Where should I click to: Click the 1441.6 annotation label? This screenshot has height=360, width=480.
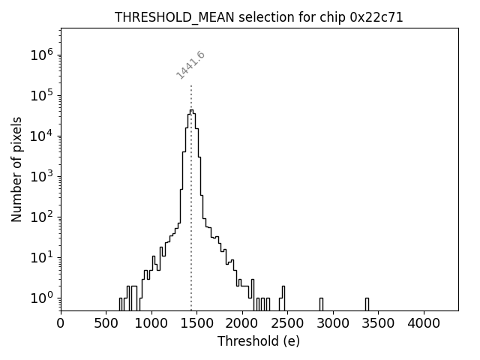[191, 65]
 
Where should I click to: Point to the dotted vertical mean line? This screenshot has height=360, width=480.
[191, 187]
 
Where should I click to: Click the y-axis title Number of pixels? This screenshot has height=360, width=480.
[16, 169]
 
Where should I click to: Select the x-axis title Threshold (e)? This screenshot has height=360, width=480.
[259, 341]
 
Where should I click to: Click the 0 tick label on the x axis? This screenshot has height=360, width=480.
[61, 324]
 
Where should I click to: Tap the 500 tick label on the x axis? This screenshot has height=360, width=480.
[106, 324]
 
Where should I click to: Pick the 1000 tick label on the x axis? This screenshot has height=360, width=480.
[151, 324]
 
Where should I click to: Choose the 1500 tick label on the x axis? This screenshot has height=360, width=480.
[197, 324]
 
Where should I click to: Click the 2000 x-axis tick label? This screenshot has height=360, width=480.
[242, 324]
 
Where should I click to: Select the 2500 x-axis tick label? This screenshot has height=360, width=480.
[288, 324]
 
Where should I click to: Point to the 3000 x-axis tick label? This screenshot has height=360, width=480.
[333, 324]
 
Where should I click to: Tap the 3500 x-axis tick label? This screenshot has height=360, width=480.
[379, 324]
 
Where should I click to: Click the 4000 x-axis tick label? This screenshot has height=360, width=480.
[424, 324]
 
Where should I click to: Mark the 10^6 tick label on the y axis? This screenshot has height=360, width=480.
[40, 55]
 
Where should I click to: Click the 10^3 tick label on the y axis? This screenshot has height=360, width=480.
[40, 176]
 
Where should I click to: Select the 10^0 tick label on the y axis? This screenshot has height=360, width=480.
[40, 298]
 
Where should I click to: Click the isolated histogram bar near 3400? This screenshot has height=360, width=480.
[367, 304]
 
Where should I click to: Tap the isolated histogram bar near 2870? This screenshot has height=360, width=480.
[321, 304]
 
